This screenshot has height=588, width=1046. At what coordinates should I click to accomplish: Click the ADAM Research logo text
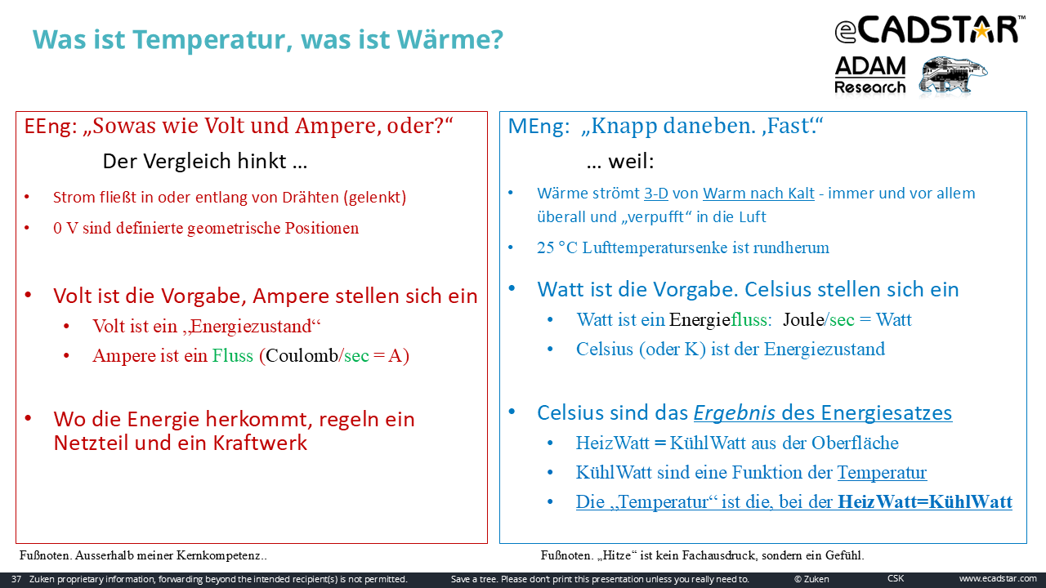click(x=870, y=75)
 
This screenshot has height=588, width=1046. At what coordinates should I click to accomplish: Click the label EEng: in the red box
click(x=51, y=127)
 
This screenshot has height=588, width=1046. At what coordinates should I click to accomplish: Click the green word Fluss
click(x=233, y=355)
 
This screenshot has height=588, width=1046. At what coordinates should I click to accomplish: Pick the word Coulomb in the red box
click(x=302, y=355)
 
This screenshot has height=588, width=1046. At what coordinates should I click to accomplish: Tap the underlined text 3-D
click(x=656, y=194)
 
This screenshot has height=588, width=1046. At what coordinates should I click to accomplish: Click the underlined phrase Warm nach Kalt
click(x=758, y=194)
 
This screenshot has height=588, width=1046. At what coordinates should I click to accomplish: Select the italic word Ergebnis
click(x=735, y=413)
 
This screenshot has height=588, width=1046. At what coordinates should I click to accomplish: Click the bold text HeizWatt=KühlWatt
click(x=925, y=501)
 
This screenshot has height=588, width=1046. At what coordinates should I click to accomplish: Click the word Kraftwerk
click(x=260, y=443)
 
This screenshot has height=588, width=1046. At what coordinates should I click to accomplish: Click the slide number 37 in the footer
click(x=16, y=579)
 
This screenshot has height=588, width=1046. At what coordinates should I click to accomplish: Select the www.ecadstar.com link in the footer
click(x=998, y=579)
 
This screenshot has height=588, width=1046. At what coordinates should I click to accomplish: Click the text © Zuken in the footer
click(x=811, y=579)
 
